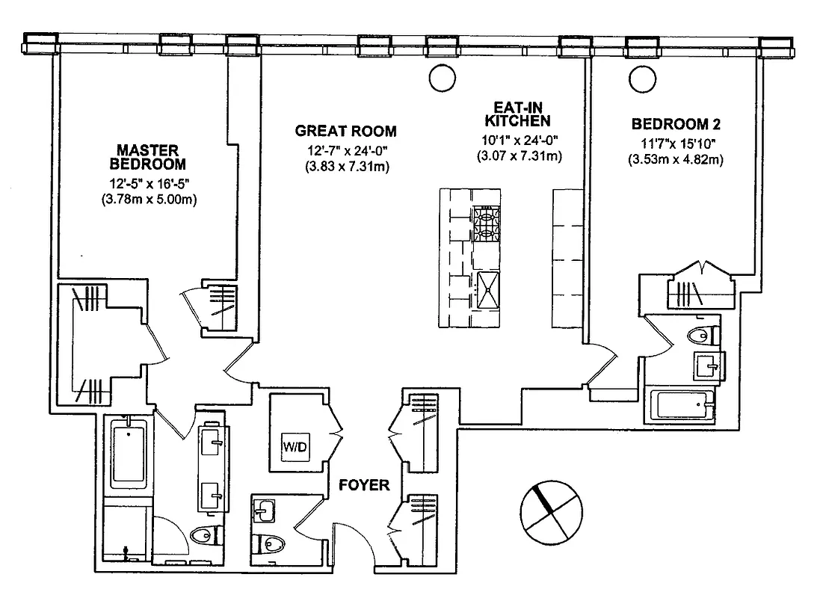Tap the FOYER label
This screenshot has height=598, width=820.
pyautogui.click(x=364, y=485)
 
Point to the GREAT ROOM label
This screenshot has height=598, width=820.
pyautogui.click(x=345, y=131)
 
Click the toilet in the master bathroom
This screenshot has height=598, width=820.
pyautogui.click(x=203, y=536)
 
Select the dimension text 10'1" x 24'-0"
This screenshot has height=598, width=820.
pyautogui.click(x=519, y=140)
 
